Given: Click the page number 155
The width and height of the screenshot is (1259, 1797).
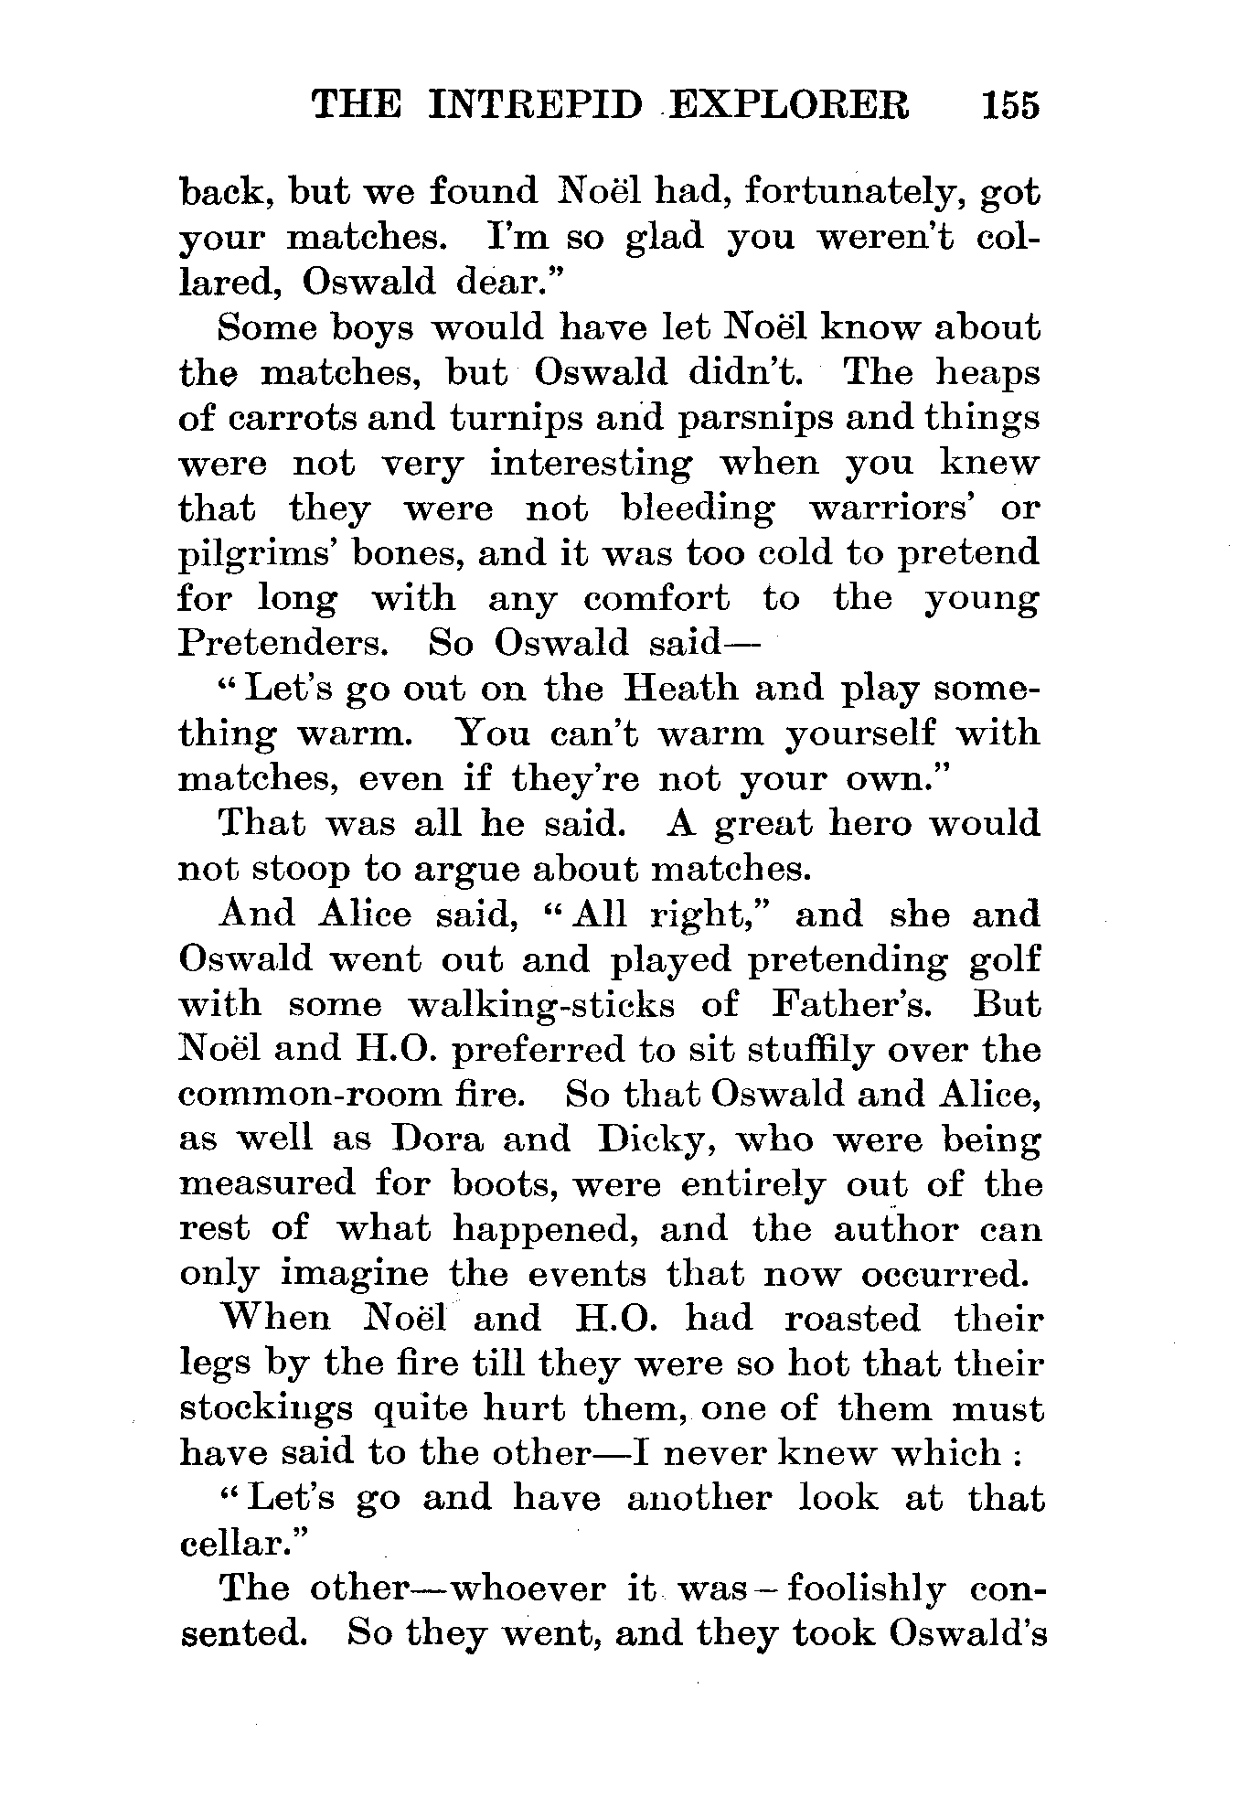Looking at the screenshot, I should pyautogui.click(x=1010, y=106).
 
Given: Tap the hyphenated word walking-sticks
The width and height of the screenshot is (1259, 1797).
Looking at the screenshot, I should pyautogui.click(x=540, y=1005).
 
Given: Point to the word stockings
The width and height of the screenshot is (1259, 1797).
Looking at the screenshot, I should pyautogui.click(x=266, y=1409).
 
